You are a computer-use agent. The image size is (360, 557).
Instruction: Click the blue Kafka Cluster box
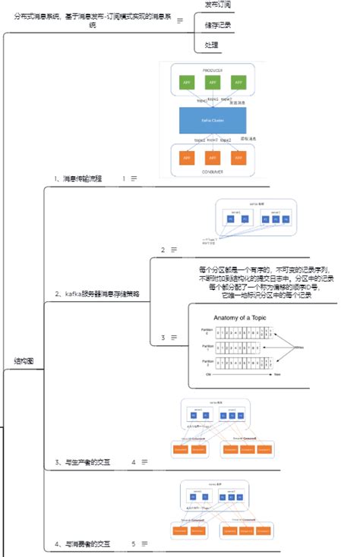pyautogui.click(x=213, y=120)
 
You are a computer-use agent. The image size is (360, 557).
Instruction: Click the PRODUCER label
pyautogui.click(x=213, y=69)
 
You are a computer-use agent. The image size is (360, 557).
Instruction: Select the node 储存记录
pyautogui.click(x=219, y=25)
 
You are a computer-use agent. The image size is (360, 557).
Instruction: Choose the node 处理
pyautogui.click(x=212, y=46)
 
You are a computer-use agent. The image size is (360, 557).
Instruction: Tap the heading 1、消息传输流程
pyautogui.click(x=77, y=179)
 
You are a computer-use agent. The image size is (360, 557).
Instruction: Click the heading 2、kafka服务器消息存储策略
pyautogui.click(x=96, y=294)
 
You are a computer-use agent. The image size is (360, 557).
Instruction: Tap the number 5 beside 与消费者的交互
pyautogui.click(x=133, y=544)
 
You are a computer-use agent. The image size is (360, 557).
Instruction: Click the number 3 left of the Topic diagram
pyautogui.click(x=163, y=337)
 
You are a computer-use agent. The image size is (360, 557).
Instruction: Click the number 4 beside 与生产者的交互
pyautogui.click(x=133, y=461)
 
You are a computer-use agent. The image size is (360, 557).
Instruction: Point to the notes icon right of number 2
pyautogui.click(x=174, y=250)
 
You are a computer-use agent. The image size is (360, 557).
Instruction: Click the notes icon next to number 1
pyautogui.click(x=134, y=179)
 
